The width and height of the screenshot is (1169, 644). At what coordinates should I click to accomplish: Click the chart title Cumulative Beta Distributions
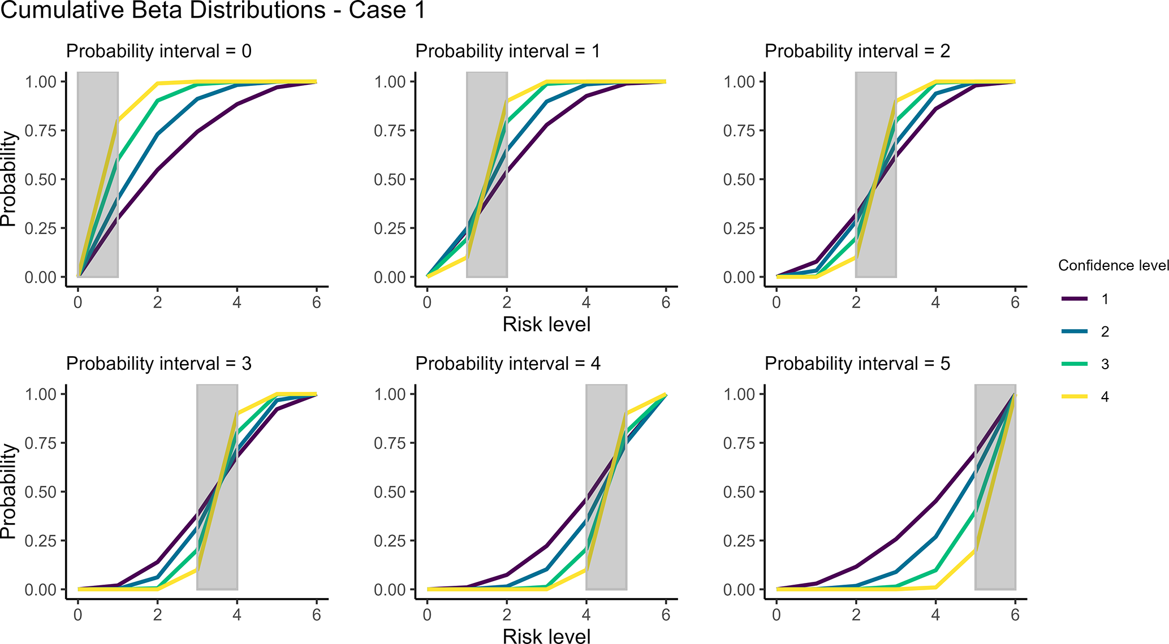coord(213,10)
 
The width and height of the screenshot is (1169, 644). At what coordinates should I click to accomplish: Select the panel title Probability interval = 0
coord(158,51)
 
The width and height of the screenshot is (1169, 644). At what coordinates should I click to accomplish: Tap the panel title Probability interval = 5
coord(857,364)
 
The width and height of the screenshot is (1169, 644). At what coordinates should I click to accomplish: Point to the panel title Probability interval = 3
coord(158,364)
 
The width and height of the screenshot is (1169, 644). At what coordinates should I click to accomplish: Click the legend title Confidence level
coord(1113,265)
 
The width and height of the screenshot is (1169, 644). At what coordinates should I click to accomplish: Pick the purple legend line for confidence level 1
coord(1075,299)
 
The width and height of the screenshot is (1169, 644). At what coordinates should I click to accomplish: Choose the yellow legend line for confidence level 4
coord(1075,396)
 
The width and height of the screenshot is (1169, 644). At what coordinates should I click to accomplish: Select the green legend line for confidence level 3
coord(1075,364)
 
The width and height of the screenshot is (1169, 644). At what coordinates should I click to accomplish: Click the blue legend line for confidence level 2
coord(1075,331)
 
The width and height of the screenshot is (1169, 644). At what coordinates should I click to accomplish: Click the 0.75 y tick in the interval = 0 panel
coord(41,131)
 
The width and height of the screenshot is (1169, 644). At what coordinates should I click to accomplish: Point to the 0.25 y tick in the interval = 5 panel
coord(739,541)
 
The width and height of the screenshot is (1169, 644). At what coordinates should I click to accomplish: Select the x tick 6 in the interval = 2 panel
coord(1015,302)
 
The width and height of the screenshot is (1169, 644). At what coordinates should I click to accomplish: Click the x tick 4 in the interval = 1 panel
coord(586,302)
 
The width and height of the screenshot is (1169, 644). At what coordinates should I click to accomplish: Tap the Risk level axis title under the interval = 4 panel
coord(546,636)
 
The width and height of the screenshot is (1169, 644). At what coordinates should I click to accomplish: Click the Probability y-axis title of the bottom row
coord(8,491)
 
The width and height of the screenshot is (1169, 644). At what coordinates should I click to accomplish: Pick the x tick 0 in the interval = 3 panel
coord(78,615)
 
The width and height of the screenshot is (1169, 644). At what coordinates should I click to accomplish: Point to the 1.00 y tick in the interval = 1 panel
coord(390,82)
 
